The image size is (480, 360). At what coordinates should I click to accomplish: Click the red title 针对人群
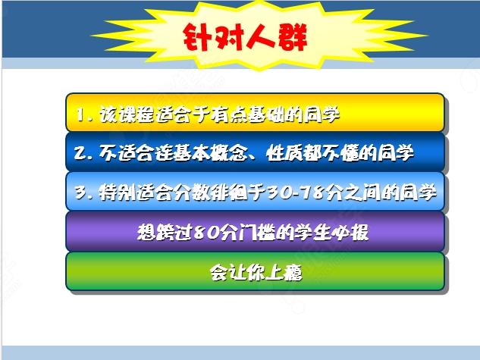coord(245,36)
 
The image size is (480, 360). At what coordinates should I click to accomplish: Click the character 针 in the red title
coord(197,37)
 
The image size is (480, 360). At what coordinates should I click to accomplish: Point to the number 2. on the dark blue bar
coord(83,153)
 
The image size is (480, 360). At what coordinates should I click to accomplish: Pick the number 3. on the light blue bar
coord(84,193)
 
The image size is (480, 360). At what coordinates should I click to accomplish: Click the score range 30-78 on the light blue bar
coord(296,193)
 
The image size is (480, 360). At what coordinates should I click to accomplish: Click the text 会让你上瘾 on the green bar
coord(256,272)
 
